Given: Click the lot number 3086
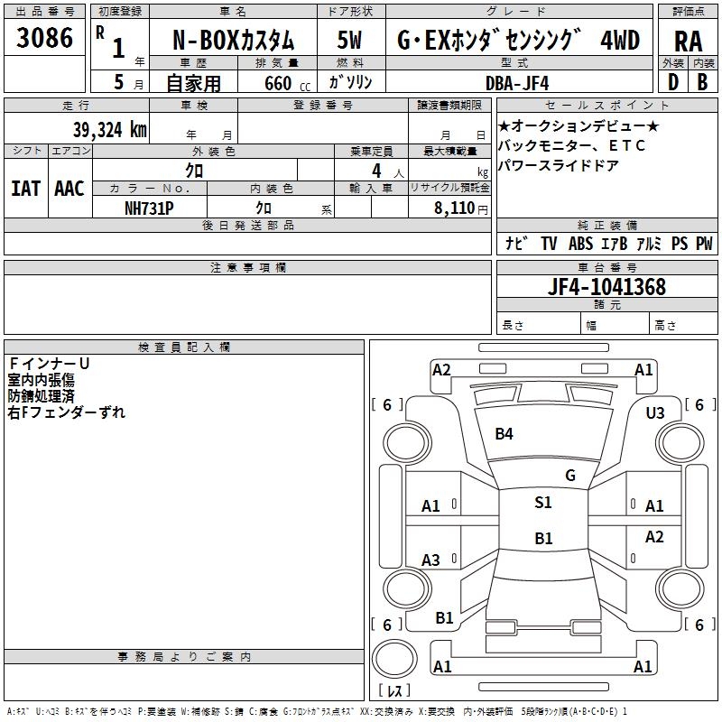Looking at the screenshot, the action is pos(44,38).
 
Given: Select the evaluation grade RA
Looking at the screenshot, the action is pos(688,42).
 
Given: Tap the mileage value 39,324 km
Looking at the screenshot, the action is pos(110,130).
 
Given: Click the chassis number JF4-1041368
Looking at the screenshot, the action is pos(606,287).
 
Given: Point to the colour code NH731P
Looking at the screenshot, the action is pos(149,208).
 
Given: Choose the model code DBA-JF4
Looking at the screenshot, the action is pos(517,83).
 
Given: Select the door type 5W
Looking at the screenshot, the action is pos(349,40).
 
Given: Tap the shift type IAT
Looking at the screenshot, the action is pos(25,189).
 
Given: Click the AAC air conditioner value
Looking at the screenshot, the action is pos(69,189).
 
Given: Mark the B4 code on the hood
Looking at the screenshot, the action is pos(504,434).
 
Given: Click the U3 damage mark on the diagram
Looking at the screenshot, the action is pos(655,413).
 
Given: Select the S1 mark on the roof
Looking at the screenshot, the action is pos(543,503).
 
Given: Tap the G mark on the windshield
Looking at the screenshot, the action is pos(570,476).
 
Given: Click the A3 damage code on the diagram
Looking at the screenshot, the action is pos(430,560).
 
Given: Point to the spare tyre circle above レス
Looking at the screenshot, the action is pos(394,659).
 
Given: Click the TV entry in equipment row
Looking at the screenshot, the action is pos(549,243).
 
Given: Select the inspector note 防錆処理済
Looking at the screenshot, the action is pos(41,396).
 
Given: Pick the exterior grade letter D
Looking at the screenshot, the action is pos(673,82).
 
